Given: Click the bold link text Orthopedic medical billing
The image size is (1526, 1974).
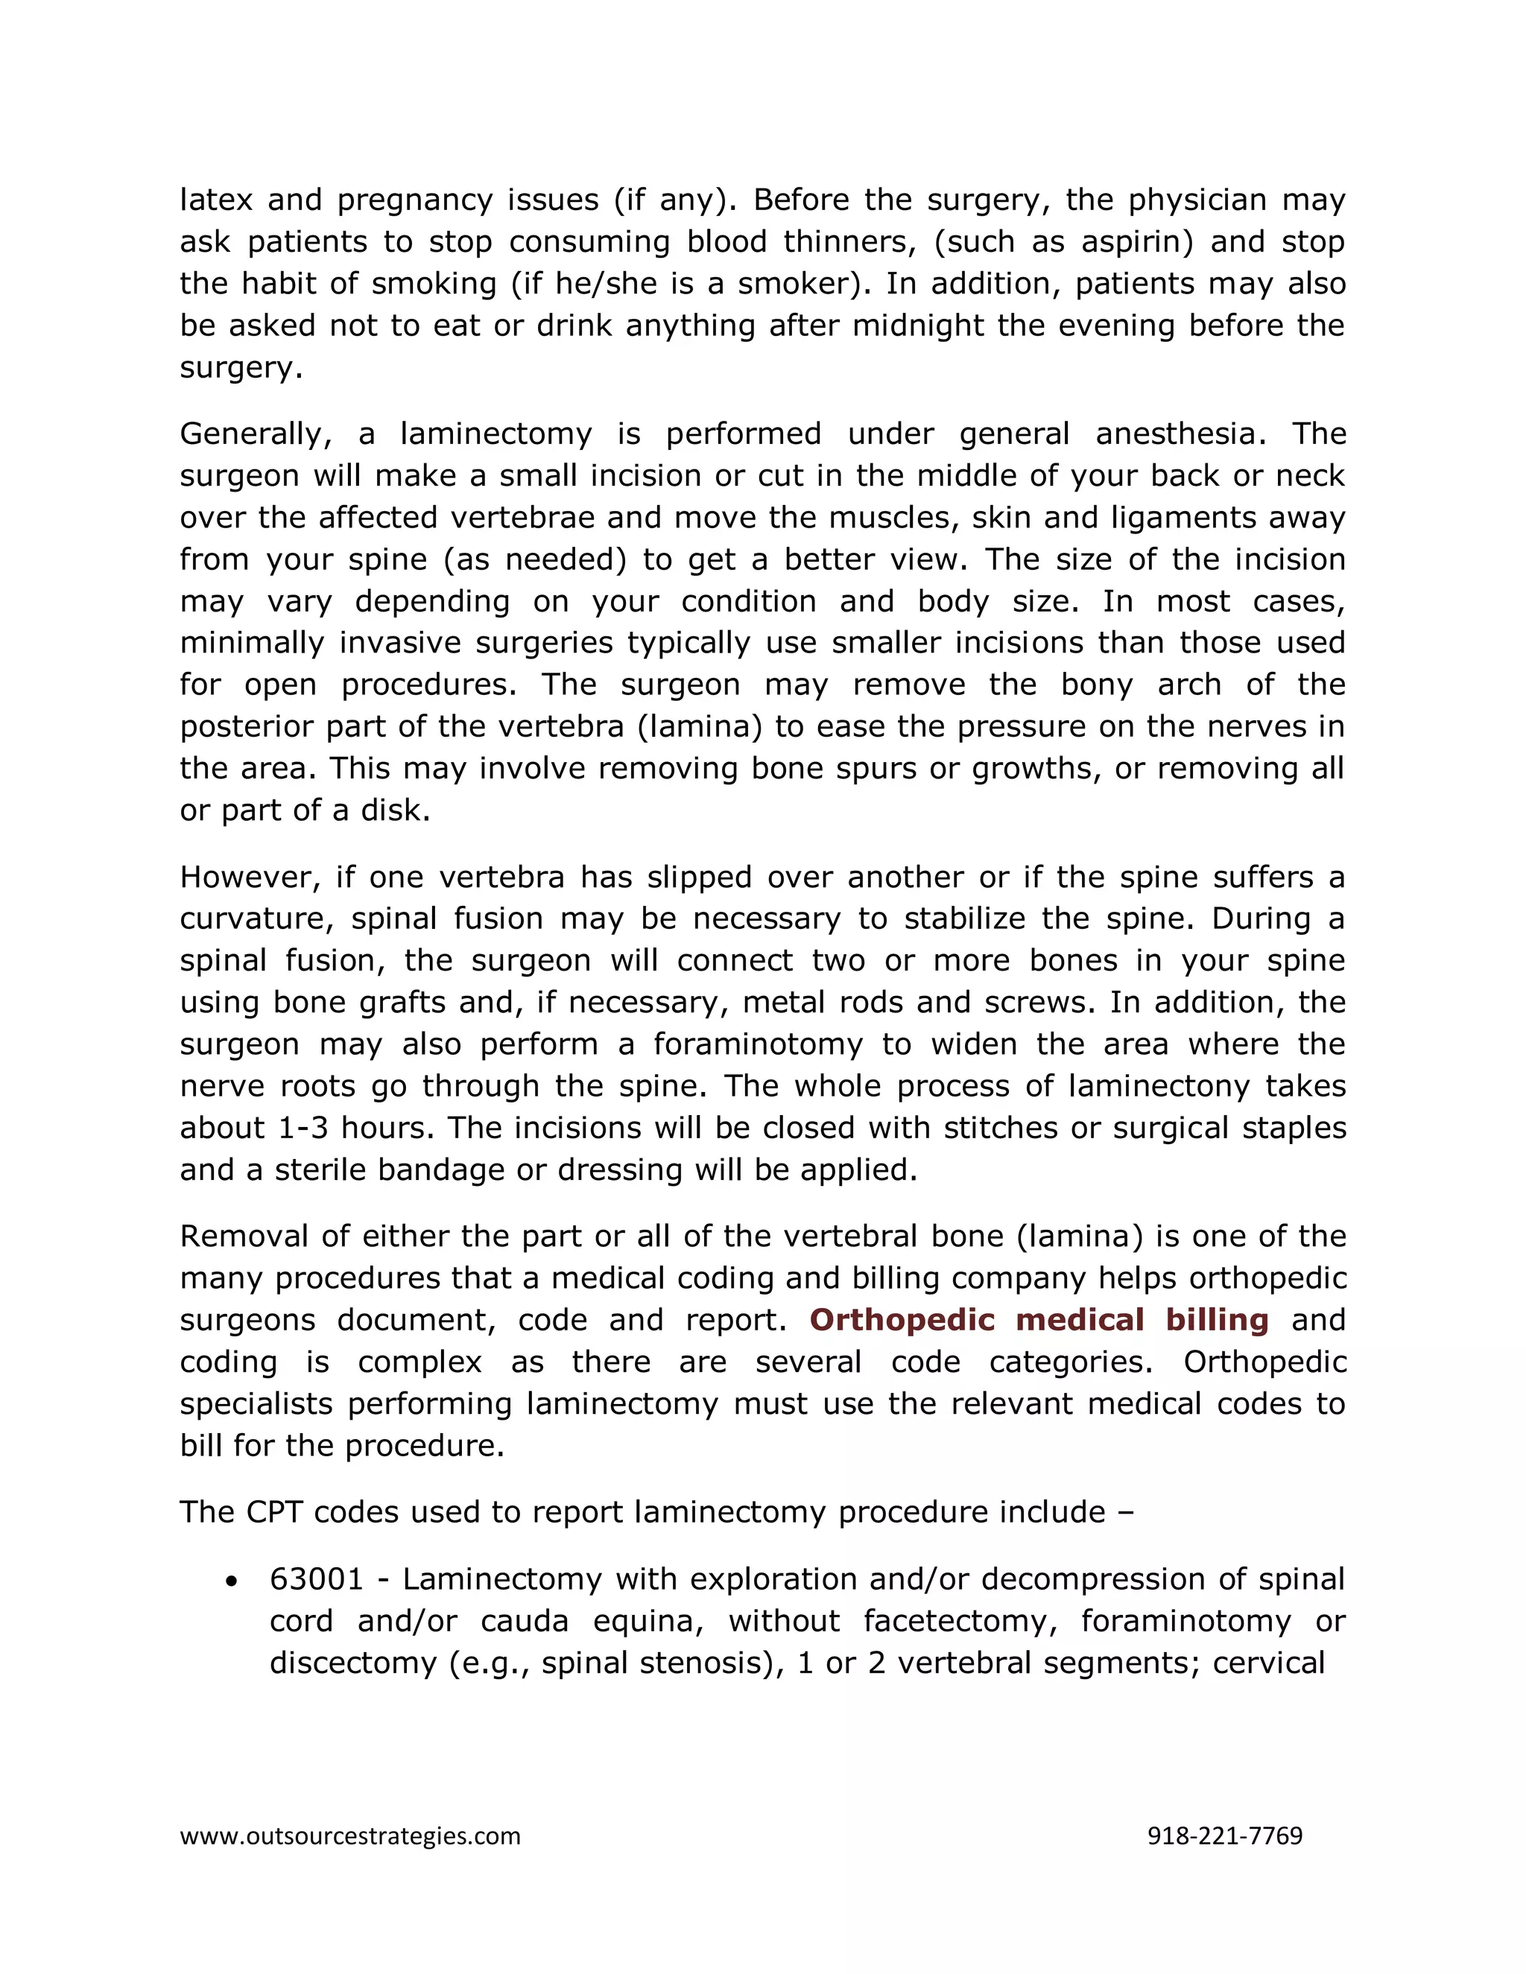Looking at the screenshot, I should click(x=1039, y=1321).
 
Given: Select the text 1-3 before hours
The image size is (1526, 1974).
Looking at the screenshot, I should click(x=303, y=1128).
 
